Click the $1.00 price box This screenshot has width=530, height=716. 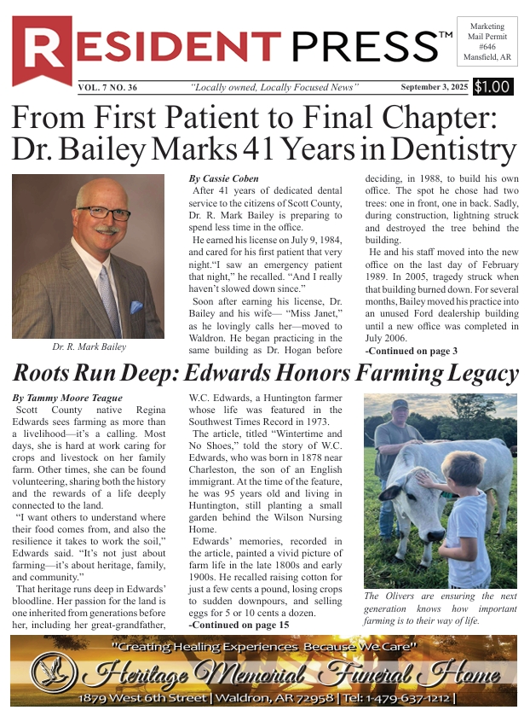pyautogui.click(x=493, y=86)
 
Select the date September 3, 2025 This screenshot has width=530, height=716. pyautogui.click(x=435, y=87)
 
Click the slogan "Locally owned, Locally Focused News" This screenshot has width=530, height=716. pyautogui.click(x=275, y=87)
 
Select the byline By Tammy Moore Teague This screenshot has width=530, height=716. pyautogui.click(x=67, y=399)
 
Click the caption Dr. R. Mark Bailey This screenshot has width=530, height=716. pyautogui.click(x=88, y=346)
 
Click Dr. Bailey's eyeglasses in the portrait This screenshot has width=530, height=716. pyautogui.click(x=102, y=212)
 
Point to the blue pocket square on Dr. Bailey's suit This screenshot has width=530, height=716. pyautogui.click(x=136, y=306)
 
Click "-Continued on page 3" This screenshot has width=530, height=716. pyautogui.click(x=411, y=351)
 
